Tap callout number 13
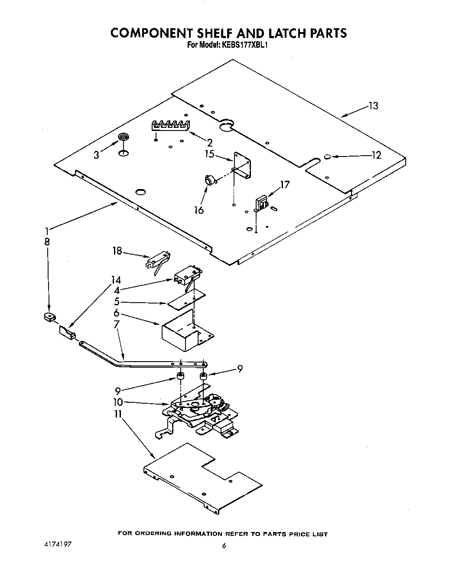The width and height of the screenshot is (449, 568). click(x=373, y=106)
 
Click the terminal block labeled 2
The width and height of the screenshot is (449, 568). click(x=170, y=125)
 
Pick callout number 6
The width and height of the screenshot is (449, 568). click(x=117, y=313)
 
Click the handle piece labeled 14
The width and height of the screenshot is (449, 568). click(x=67, y=332)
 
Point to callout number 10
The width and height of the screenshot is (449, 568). click(x=118, y=402)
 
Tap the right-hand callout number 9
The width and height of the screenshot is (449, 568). click(x=240, y=369)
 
